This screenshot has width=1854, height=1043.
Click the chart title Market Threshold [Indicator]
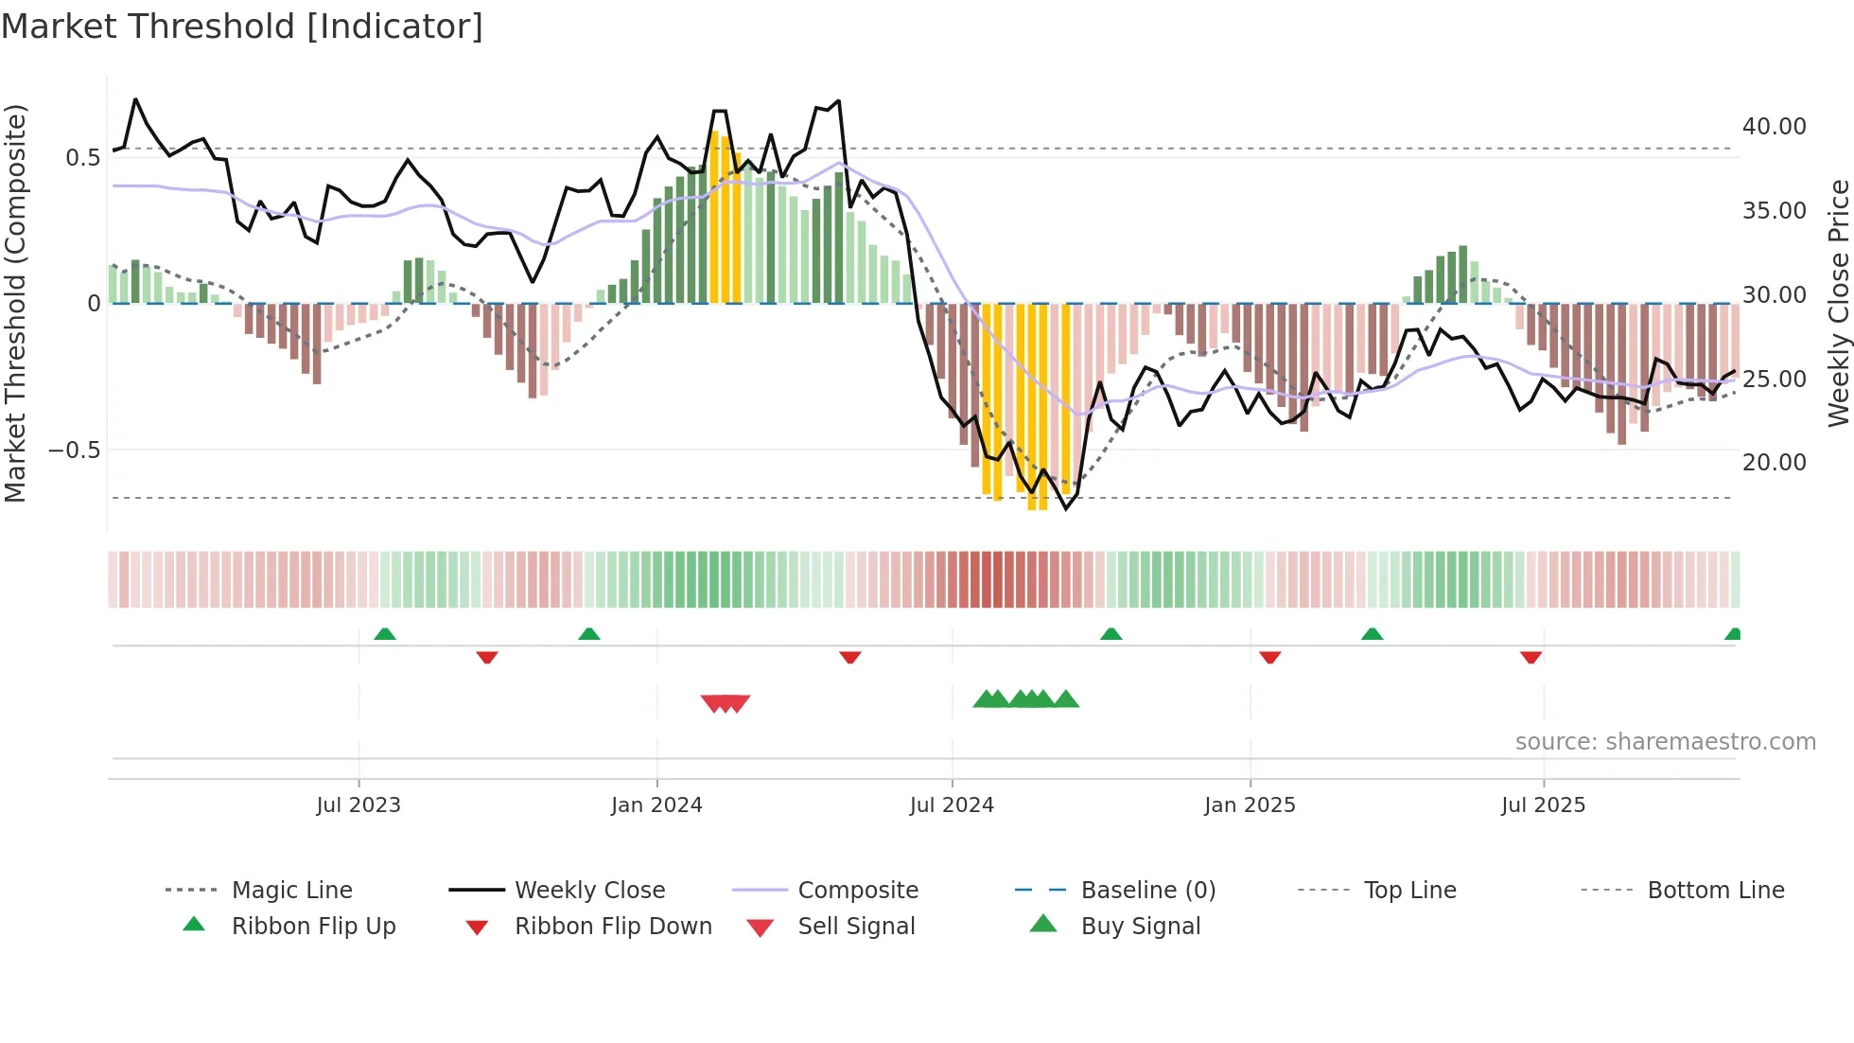pos(242,27)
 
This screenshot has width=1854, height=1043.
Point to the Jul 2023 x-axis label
pos(359,805)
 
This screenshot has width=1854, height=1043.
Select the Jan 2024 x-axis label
pos(656,805)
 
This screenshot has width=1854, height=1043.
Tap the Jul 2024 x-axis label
pos(952,805)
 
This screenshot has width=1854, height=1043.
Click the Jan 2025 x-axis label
pos(1250,805)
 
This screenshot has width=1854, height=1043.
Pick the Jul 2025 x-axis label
pos(1543,805)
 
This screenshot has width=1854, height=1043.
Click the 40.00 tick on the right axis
pos(1774,127)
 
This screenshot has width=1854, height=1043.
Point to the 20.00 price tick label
pos(1774,463)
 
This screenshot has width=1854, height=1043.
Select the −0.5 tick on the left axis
pos(74,451)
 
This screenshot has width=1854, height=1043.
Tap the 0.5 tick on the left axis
pos(82,158)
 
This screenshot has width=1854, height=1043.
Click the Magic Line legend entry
pos(291,891)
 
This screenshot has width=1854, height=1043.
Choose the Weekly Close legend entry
pos(589,891)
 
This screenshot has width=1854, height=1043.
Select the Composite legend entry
pos(857,891)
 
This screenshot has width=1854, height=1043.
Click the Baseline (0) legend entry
pos(1147,891)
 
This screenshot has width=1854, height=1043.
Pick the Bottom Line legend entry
pos(1715,891)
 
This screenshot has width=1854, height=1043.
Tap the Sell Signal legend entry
pos(855,927)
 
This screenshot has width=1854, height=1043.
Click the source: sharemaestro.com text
pos(1665,742)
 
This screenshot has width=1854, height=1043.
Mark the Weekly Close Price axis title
pos(1838,303)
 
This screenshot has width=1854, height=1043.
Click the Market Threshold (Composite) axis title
pos(15,303)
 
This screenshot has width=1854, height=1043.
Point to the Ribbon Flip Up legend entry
pos(313,927)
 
